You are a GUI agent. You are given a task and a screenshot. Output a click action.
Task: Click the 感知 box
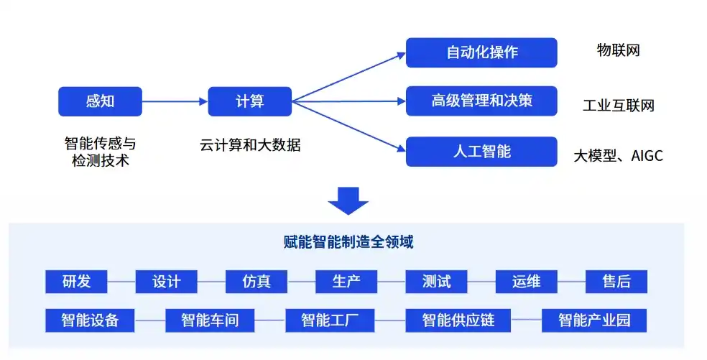(100, 101)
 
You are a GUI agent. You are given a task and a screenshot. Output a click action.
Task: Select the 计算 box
(249, 101)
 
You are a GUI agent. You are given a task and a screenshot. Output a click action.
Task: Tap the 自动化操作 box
(481, 52)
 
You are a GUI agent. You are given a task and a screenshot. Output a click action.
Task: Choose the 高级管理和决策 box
(481, 101)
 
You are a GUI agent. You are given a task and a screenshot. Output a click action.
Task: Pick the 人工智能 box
(481, 152)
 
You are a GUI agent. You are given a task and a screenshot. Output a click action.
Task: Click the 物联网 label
(618, 50)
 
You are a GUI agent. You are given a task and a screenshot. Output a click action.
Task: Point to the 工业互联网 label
(618, 106)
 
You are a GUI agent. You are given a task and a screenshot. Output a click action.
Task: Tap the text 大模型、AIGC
(618, 156)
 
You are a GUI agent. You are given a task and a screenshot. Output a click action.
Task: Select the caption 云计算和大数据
(250, 145)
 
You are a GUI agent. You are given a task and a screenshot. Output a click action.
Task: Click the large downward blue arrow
(348, 200)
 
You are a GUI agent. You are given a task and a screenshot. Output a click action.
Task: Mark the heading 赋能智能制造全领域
(348, 242)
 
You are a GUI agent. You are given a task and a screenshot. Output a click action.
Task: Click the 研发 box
(76, 282)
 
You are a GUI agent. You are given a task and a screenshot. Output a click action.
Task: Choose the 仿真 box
(257, 282)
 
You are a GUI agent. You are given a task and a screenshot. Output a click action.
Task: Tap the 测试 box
(436, 282)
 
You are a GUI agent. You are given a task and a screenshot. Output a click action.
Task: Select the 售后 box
(616, 282)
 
